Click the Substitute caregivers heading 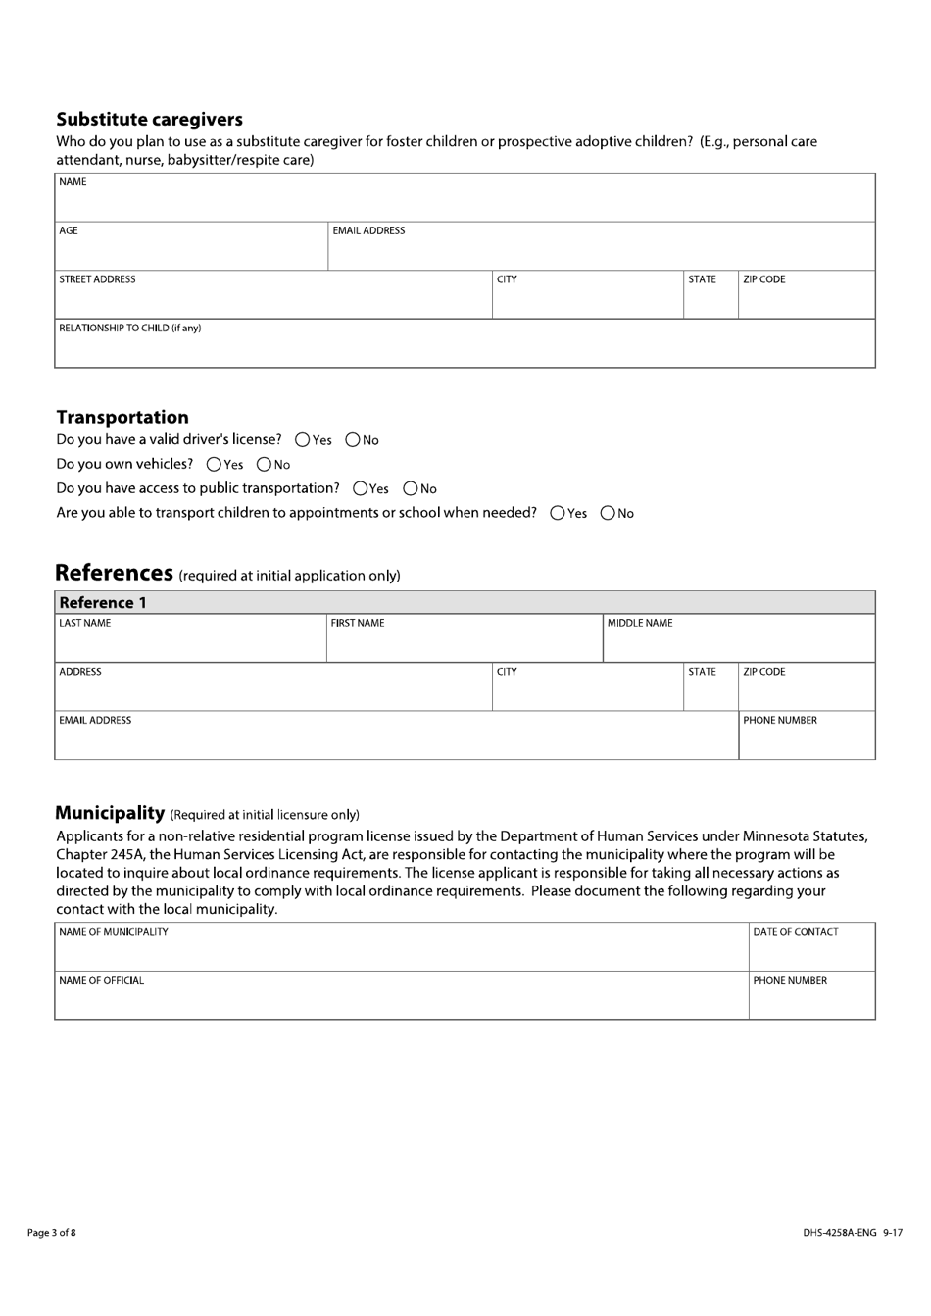[x=149, y=120]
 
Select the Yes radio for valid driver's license [x=303, y=440]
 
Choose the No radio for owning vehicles [x=264, y=465]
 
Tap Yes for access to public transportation [x=361, y=488]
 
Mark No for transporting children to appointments [x=608, y=513]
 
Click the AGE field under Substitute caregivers [x=191, y=251]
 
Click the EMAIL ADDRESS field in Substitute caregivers [x=601, y=251]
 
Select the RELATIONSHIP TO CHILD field [x=465, y=349]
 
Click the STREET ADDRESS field [x=273, y=300]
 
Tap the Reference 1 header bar [x=465, y=603]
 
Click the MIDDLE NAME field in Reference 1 [x=738, y=643]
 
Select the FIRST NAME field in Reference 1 [x=464, y=643]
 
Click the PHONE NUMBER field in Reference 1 [x=807, y=741]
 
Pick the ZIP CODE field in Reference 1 [x=807, y=692]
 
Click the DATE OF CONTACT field [x=811, y=952]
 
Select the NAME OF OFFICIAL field [x=402, y=1001]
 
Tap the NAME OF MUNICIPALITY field [x=402, y=952]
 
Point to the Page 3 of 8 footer [x=51, y=1233]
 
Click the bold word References [x=114, y=573]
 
